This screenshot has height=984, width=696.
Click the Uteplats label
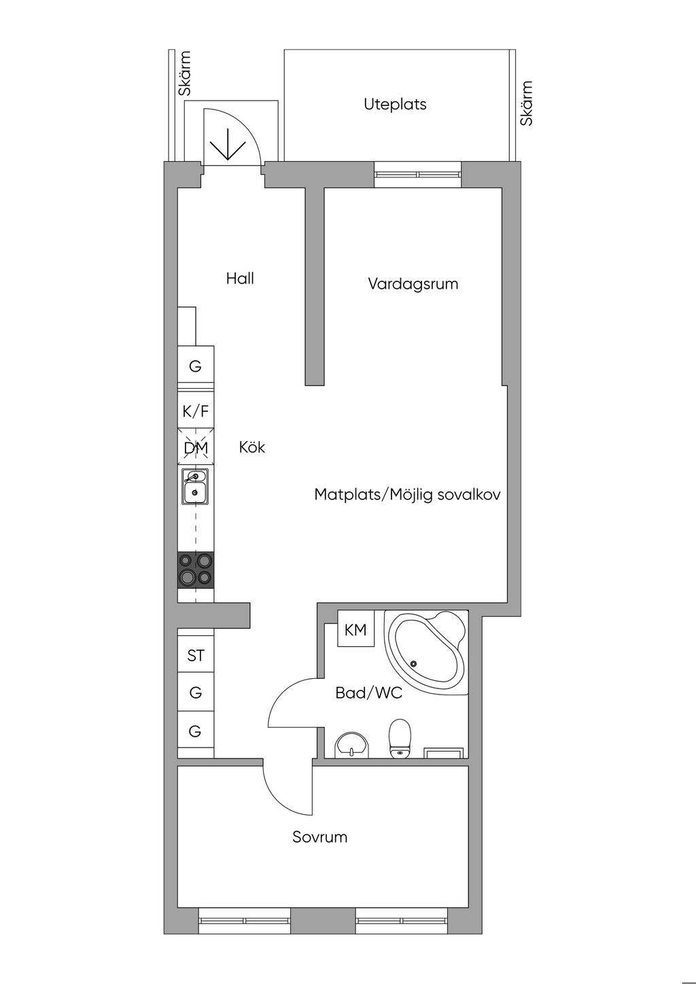395,105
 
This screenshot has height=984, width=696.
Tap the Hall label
240,279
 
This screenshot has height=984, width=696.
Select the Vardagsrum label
413,284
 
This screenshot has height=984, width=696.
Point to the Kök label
252,447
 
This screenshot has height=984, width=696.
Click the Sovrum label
320,837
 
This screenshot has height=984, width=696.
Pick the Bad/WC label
369,692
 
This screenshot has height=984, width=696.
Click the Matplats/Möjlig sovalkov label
407,495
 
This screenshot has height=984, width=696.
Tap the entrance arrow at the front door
228,143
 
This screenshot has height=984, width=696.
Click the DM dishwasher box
196,446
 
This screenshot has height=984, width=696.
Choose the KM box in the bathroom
355,630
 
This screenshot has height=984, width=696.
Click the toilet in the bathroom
400,739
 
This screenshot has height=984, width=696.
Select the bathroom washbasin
352,745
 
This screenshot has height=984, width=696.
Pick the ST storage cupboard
196,655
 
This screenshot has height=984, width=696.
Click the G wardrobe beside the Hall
196,366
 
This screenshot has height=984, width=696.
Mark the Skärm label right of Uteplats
526,103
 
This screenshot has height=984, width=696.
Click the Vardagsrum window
418,174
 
